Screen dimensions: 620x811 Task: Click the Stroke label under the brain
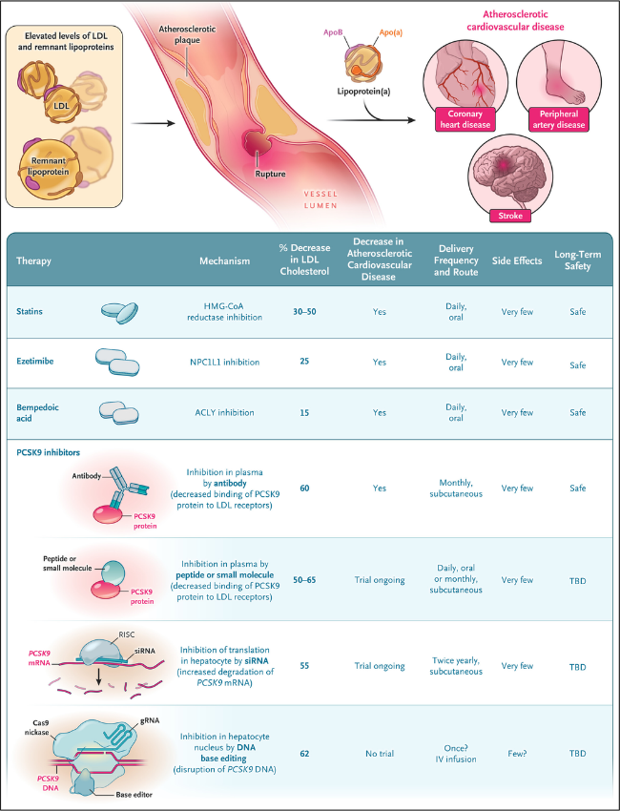click(x=510, y=216)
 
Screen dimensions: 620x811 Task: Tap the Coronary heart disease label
click(x=465, y=119)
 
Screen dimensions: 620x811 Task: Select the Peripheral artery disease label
click(x=559, y=119)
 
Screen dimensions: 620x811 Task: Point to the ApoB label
click(x=333, y=32)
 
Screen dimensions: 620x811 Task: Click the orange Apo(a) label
click(x=391, y=32)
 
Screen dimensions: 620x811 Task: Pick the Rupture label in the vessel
click(x=270, y=174)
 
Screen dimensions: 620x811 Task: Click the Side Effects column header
click(x=517, y=260)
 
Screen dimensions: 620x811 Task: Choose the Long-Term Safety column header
click(x=578, y=260)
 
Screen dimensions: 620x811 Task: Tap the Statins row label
click(x=30, y=311)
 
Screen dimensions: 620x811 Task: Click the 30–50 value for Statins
click(x=304, y=312)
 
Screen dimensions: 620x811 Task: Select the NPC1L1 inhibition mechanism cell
click(x=224, y=362)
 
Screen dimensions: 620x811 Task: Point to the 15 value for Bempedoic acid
click(x=304, y=413)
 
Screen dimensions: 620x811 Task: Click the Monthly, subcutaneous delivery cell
click(x=456, y=489)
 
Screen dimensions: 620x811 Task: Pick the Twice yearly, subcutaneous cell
click(x=456, y=666)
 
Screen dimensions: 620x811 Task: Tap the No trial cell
click(x=380, y=754)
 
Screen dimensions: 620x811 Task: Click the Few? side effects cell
click(x=517, y=754)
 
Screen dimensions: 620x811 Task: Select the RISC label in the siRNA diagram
click(x=127, y=634)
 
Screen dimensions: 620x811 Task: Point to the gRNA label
click(x=150, y=720)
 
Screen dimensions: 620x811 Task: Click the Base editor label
click(x=134, y=795)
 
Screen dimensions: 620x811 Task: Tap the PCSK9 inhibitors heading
click(x=48, y=452)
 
